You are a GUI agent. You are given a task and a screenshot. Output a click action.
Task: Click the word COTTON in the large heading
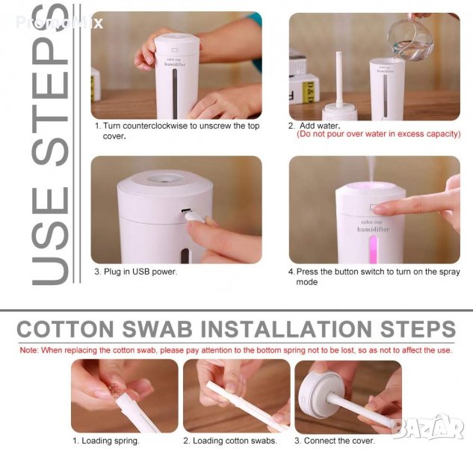pyautogui.click(x=66, y=329)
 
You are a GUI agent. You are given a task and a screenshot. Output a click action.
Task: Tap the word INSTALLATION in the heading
pyautogui.click(x=286, y=329)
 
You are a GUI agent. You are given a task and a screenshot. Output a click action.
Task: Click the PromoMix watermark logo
pyautogui.click(x=59, y=22)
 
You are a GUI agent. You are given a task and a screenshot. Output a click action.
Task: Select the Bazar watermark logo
pyautogui.click(x=429, y=426)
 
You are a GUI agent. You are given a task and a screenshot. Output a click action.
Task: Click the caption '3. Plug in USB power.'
pyautogui.click(x=136, y=272)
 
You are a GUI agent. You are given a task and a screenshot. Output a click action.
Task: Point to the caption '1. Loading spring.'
pyautogui.click(x=106, y=441)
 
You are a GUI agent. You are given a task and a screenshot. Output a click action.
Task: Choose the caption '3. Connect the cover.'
pyautogui.click(x=335, y=441)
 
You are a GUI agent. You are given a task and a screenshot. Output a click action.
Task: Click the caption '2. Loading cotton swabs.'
pyautogui.click(x=230, y=441)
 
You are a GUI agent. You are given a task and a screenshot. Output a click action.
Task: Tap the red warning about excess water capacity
pyautogui.click(x=379, y=134)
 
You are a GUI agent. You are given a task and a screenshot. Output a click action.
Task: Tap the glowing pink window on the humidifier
pyautogui.click(x=373, y=249)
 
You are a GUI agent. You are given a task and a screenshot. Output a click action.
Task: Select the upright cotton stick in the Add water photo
pyautogui.click(x=339, y=79)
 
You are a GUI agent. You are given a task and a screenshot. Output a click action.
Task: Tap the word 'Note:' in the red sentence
pyautogui.click(x=29, y=350)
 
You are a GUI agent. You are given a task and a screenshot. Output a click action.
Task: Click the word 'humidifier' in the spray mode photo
pyautogui.click(x=373, y=229)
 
